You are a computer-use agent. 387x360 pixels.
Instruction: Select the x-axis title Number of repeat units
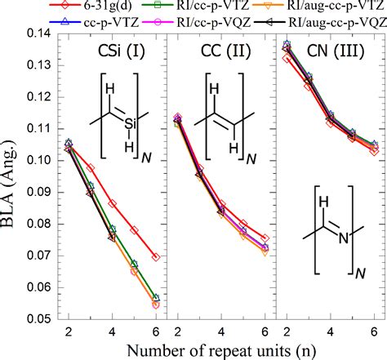216,349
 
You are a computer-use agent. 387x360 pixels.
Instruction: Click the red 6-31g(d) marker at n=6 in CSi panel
155,257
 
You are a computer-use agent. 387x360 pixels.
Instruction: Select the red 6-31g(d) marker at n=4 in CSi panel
112,203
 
